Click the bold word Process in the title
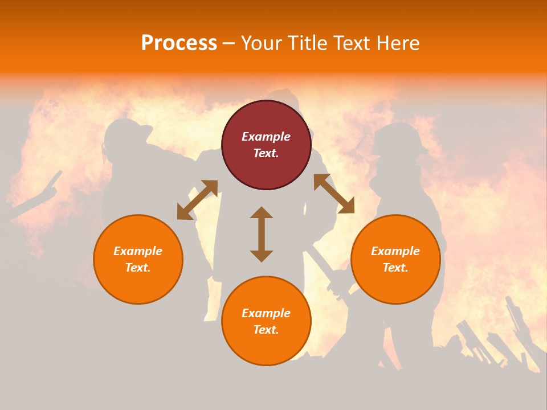[x=179, y=43]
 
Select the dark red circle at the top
[x=266, y=145]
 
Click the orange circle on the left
[x=138, y=259]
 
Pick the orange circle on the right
[x=395, y=259]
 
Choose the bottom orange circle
[x=266, y=321]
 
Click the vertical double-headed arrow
[x=262, y=234]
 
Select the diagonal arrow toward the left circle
[x=197, y=199]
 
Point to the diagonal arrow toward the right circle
[x=334, y=194]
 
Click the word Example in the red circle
[x=266, y=137]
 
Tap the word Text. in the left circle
[x=138, y=268]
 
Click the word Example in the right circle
[x=395, y=251]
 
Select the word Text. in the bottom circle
[x=266, y=330]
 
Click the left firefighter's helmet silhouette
[x=126, y=133]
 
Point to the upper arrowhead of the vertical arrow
[x=262, y=212]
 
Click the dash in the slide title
[x=229, y=43]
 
